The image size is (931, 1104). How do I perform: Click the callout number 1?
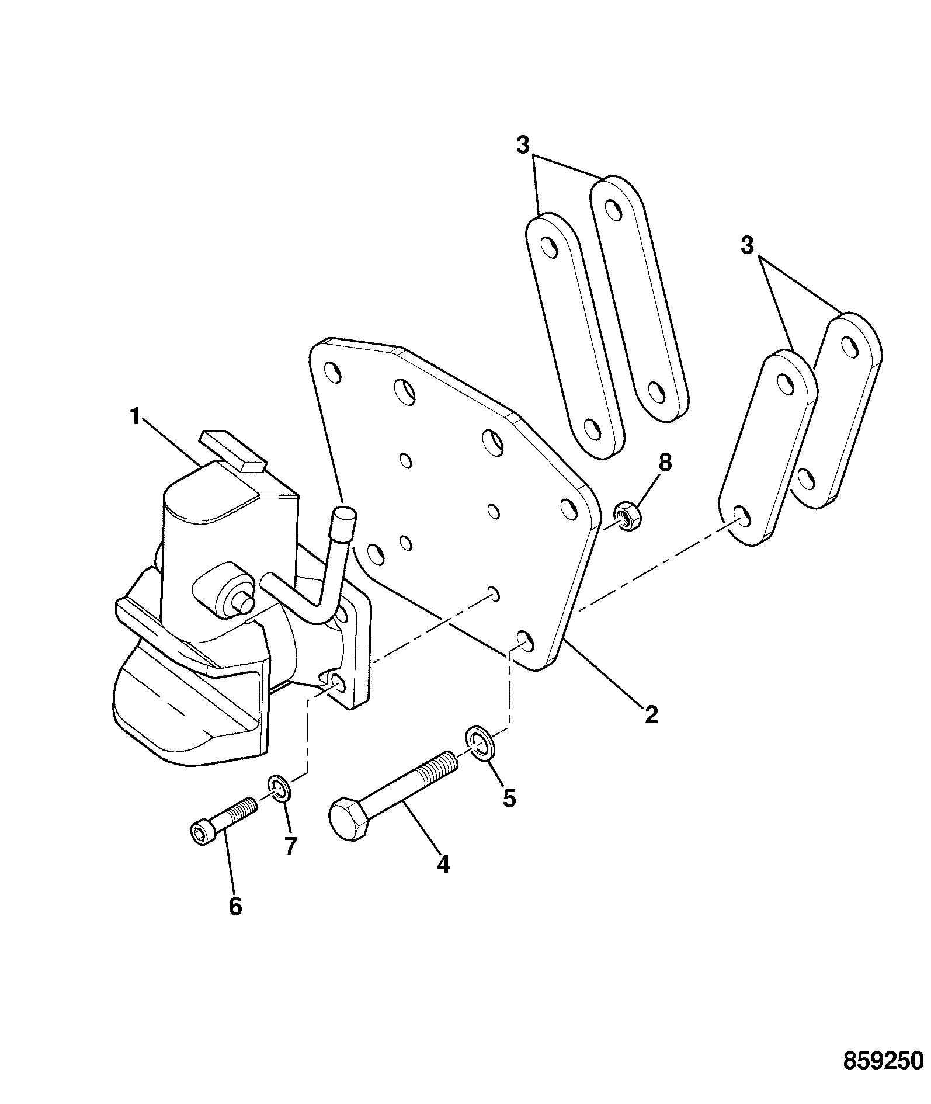(x=135, y=417)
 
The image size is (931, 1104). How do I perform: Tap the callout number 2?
(x=651, y=714)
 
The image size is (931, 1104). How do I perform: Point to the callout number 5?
(x=509, y=797)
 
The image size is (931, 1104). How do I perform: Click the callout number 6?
(x=235, y=922)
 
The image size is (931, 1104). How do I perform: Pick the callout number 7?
(x=290, y=845)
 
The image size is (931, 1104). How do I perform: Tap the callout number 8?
(x=665, y=463)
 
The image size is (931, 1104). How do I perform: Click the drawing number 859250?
(x=884, y=1060)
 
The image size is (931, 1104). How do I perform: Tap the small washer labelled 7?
(x=280, y=789)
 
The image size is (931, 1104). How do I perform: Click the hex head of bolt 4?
(x=349, y=820)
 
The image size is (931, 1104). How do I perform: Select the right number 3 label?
(x=748, y=245)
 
